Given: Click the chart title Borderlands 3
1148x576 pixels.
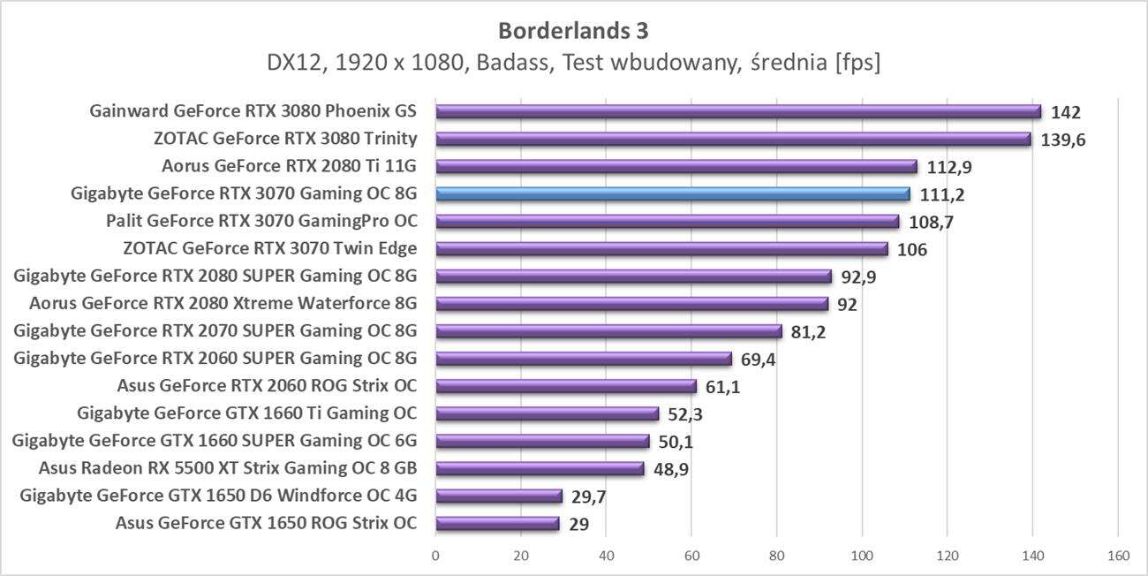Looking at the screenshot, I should pyautogui.click(x=573, y=31).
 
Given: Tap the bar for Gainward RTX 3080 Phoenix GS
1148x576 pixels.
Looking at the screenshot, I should pyautogui.click(x=738, y=111).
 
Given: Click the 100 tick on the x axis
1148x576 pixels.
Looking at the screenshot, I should pyautogui.click(x=862, y=557).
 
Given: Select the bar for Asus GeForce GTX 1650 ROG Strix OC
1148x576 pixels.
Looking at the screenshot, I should pyautogui.click(x=497, y=523).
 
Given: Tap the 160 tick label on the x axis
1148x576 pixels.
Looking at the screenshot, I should pyautogui.click(x=1118, y=557).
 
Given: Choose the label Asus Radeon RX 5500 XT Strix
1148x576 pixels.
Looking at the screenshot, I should pyautogui.click(x=228, y=467).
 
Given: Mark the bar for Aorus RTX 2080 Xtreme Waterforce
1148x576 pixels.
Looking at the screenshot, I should pyautogui.click(x=631, y=304).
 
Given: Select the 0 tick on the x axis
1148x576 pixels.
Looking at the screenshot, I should pyautogui.click(x=435, y=557).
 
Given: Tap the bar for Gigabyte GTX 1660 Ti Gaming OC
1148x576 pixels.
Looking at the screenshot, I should pyautogui.click(x=547, y=413).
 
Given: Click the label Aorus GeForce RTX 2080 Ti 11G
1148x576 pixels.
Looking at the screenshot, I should pyautogui.click(x=289, y=166).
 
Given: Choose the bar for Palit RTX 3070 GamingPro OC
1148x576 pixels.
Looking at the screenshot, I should pyautogui.click(x=667, y=221).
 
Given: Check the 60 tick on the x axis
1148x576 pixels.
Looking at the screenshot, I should pyautogui.click(x=691, y=557).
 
